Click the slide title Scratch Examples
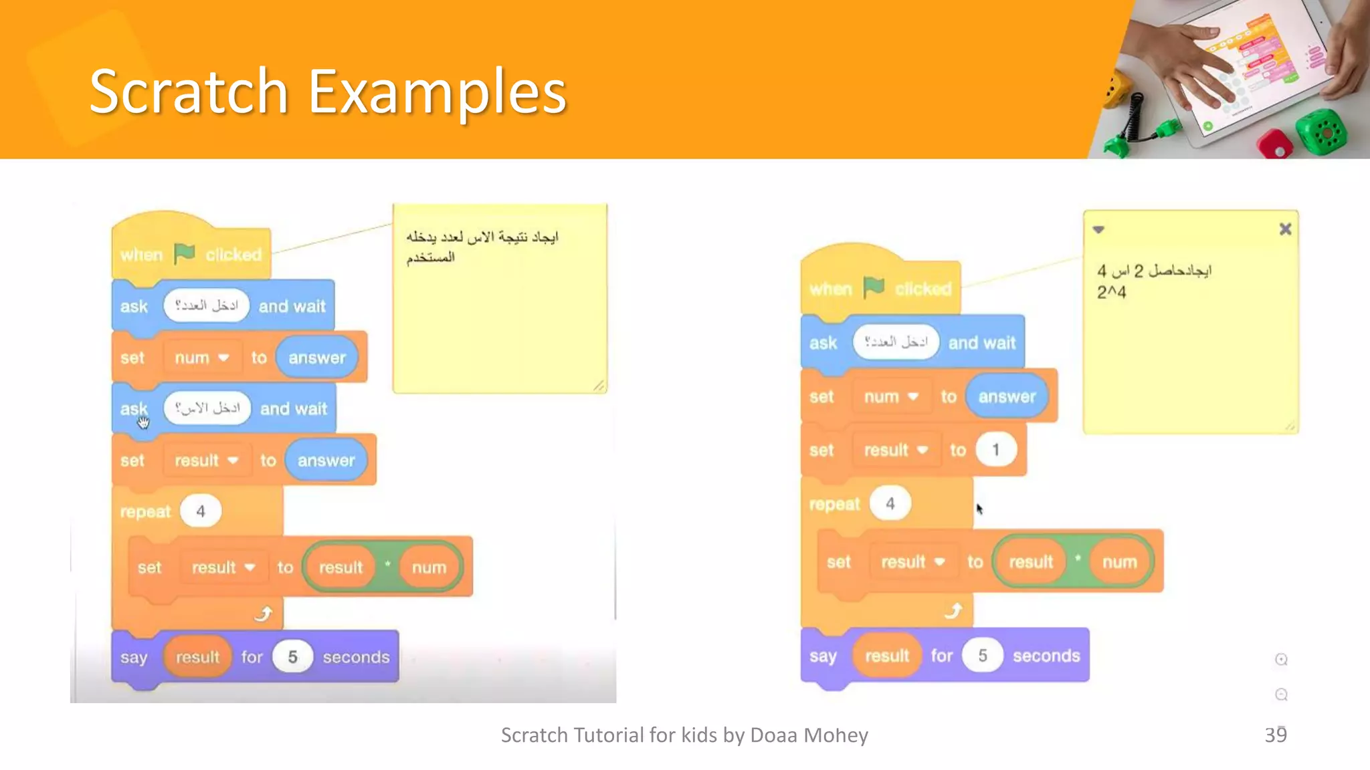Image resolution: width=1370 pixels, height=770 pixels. (x=328, y=92)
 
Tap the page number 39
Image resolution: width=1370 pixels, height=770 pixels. (x=1275, y=735)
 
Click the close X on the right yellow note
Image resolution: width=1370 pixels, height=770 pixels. (x=1285, y=229)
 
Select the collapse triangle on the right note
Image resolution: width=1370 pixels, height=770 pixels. (x=1098, y=230)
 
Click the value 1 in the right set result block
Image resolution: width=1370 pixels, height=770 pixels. (x=995, y=450)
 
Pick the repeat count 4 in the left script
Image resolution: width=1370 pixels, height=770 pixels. (x=201, y=511)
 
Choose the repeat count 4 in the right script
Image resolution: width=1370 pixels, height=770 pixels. (x=890, y=503)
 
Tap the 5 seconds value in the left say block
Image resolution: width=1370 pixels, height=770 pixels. (x=292, y=657)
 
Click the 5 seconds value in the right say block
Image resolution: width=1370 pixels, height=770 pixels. (x=982, y=656)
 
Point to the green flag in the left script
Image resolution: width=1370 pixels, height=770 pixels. (x=184, y=253)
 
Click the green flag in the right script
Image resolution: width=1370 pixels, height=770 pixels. (x=874, y=287)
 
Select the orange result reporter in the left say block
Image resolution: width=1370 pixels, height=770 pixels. (x=197, y=657)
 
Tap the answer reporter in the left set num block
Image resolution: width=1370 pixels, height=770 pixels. (x=317, y=358)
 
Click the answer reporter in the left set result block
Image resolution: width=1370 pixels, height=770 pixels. (x=326, y=461)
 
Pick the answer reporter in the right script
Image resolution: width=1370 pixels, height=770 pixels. (x=1007, y=396)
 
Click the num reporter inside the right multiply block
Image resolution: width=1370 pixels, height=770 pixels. (x=1119, y=562)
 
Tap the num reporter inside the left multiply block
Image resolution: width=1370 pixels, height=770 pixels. (x=429, y=567)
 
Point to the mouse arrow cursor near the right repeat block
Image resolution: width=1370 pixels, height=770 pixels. (x=979, y=509)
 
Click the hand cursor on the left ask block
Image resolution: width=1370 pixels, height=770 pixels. (x=143, y=422)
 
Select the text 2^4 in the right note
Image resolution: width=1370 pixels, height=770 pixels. (x=1111, y=292)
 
